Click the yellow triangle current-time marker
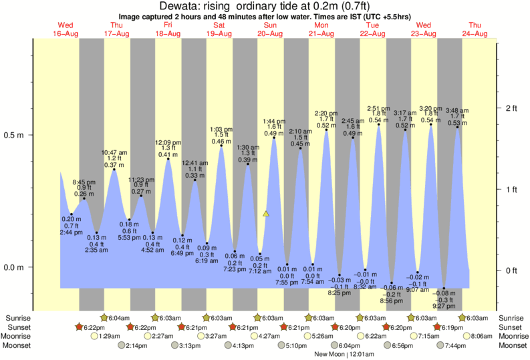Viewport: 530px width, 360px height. point(266,214)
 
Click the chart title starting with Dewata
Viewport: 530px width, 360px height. point(265,7)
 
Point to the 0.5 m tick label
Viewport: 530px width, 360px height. point(15,135)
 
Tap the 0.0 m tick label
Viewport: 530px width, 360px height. point(15,268)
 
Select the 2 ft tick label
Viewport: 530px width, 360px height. point(513,108)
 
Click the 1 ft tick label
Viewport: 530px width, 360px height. point(513,190)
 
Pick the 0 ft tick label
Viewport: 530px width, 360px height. point(513,271)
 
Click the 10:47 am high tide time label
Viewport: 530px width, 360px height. point(114,152)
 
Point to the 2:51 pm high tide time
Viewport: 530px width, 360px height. point(378,108)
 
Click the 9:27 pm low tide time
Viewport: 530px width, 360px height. point(444,307)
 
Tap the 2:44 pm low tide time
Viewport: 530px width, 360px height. point(72,232)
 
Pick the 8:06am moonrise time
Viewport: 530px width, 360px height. point(481,337)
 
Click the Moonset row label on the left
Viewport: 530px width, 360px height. point(17,346)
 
